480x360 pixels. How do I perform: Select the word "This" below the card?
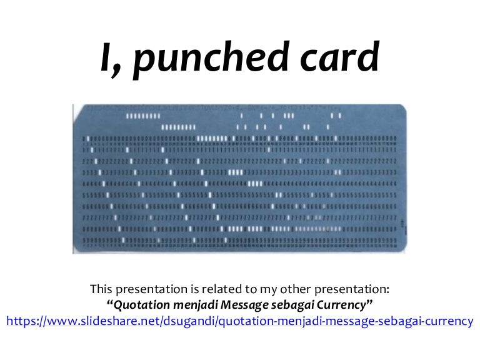click(x=101, y=289)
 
